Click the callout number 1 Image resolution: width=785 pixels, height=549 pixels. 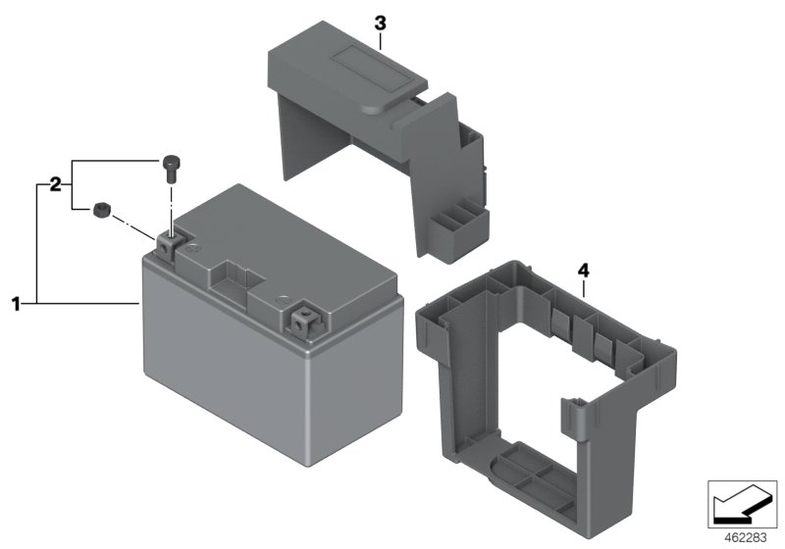click(x=16, y=304)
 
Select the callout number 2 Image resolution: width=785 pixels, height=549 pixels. click(x=55, y=184)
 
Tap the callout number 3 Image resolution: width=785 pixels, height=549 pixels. click(x=380, y=23)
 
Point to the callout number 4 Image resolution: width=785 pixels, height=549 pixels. click(x=583, y=271)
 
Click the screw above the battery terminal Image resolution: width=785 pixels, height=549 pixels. click(x=170, y=169)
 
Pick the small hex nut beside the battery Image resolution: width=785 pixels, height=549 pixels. click(x=102, y=210)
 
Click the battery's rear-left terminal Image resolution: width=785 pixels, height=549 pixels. click(x=167, y=244)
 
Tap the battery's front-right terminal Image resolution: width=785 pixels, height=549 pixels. click(x=305, y=321)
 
